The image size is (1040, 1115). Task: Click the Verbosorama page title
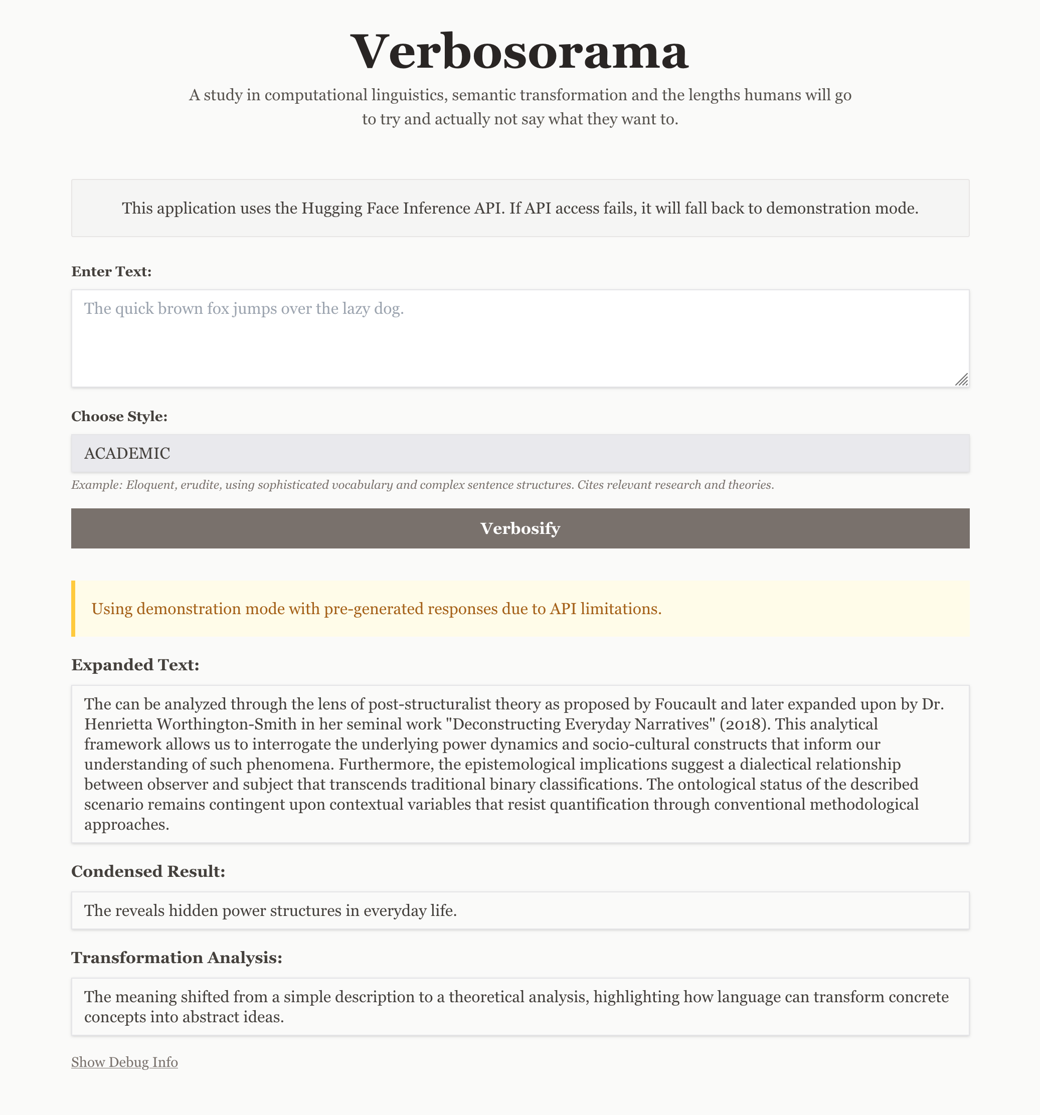(x=519, y=52)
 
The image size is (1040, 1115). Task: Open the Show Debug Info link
(x=124, y=1062)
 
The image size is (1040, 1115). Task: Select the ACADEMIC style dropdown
(x=519, y=453)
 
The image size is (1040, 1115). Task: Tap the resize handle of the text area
(x=961, y=380)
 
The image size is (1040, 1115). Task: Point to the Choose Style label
(x=119, y=416)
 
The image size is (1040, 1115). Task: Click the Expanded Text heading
(x=134, y=665)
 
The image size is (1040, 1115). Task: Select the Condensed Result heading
(x=147, y=871)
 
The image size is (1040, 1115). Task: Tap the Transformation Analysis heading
(x=176, y=958)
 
